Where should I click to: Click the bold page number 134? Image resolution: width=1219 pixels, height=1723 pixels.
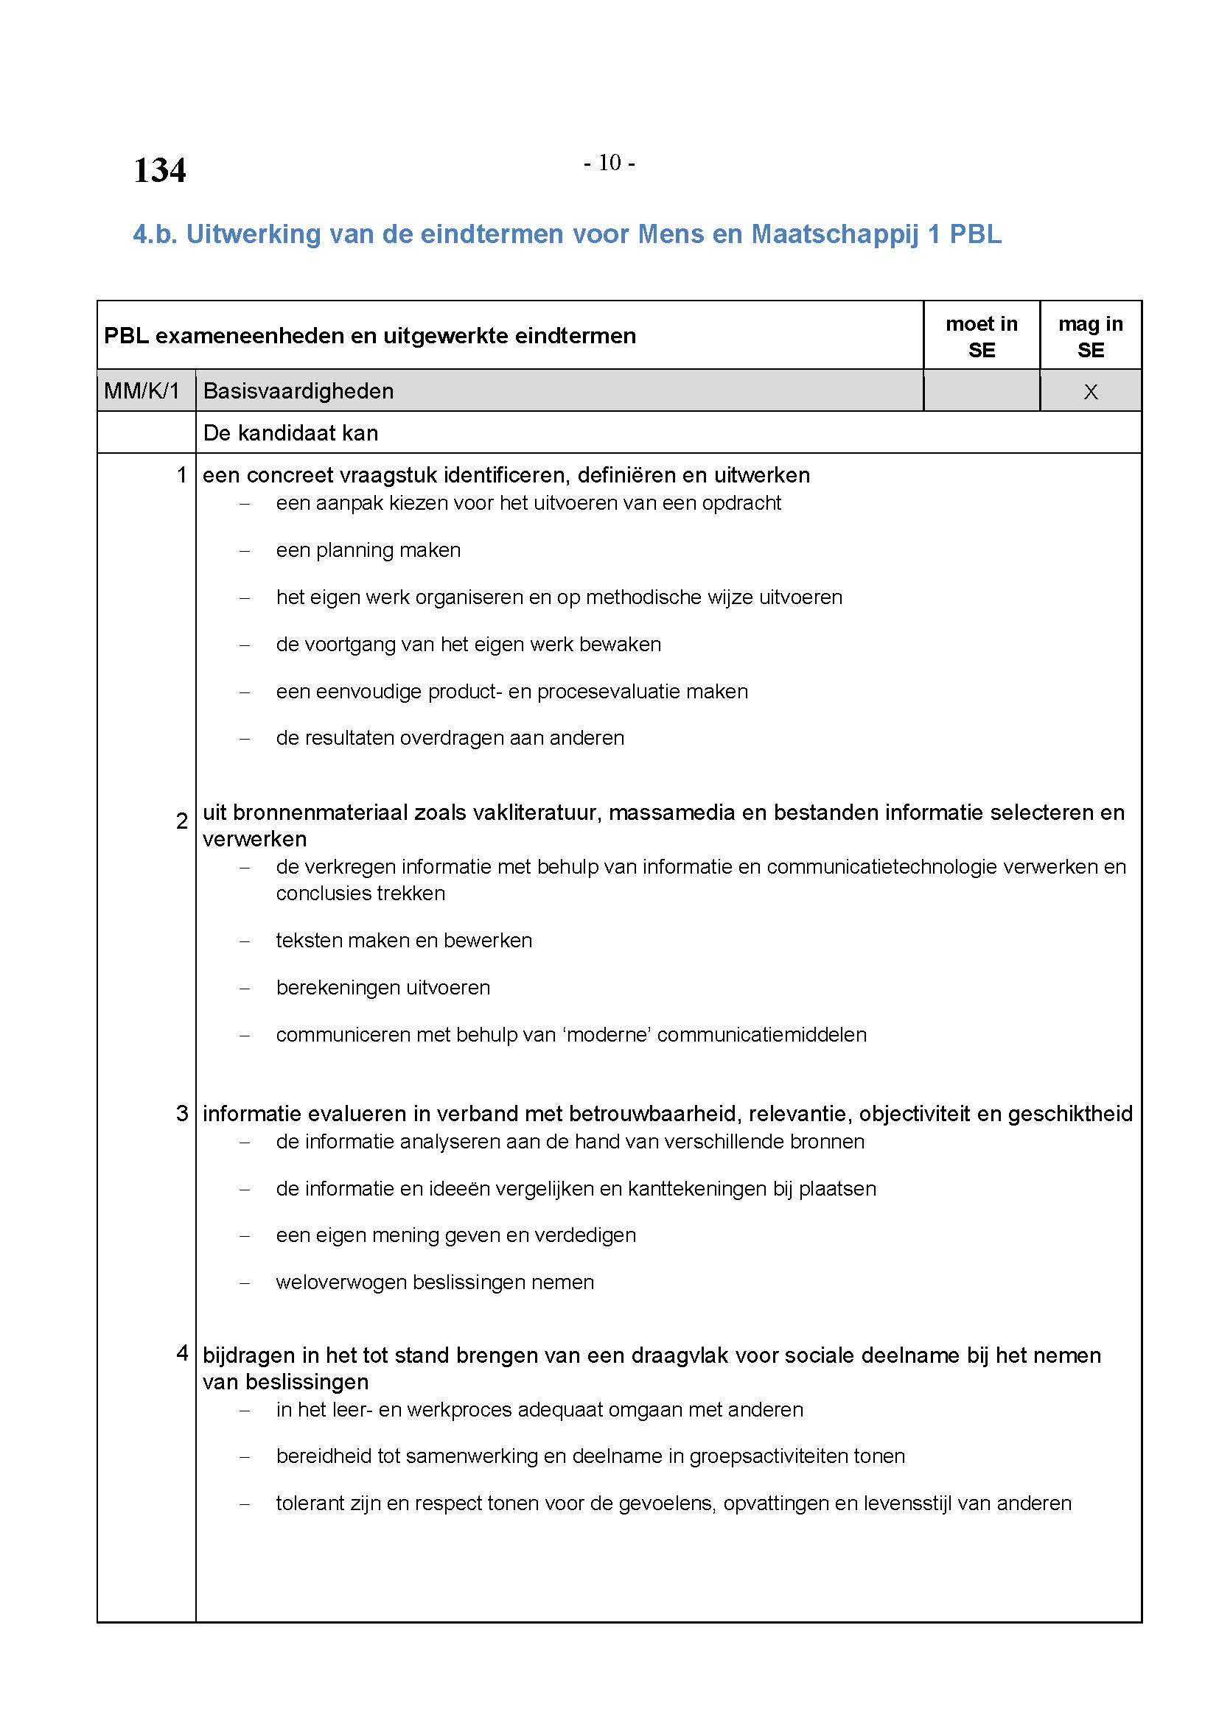[x=159, y=170]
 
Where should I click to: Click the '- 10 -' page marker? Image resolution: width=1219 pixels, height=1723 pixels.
[x=609, y=163]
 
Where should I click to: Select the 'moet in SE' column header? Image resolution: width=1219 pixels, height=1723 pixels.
[x=981, y=337]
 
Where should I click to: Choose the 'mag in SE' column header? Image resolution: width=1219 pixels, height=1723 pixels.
[x=1090, y=337]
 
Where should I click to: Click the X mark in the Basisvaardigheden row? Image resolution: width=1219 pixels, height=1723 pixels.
[x=1091, y=392]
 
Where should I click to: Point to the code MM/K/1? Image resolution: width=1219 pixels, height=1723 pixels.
[x=142, y=391]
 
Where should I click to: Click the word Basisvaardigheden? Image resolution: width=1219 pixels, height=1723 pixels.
[x=298, y=391]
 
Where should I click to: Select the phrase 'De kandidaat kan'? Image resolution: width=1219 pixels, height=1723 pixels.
[x=290, y=433]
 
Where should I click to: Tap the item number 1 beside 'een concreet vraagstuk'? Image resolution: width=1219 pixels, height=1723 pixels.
[x=181, y=475]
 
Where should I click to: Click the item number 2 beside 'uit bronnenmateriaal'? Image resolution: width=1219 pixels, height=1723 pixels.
[x=181, y=821]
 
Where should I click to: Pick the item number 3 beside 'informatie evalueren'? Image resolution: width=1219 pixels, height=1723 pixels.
[x=181, y=1114]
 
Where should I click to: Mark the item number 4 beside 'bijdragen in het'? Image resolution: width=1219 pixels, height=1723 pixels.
[x=181, y=1353]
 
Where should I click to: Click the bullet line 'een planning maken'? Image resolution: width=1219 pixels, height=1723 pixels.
[x=368, y=550]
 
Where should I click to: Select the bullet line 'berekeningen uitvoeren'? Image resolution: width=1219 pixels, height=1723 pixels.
[x=383, y=988]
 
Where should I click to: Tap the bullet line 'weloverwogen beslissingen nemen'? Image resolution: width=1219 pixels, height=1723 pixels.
[x=435, y=1282]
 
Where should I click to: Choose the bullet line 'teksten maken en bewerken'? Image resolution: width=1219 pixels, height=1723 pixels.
[x=404, y=940]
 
